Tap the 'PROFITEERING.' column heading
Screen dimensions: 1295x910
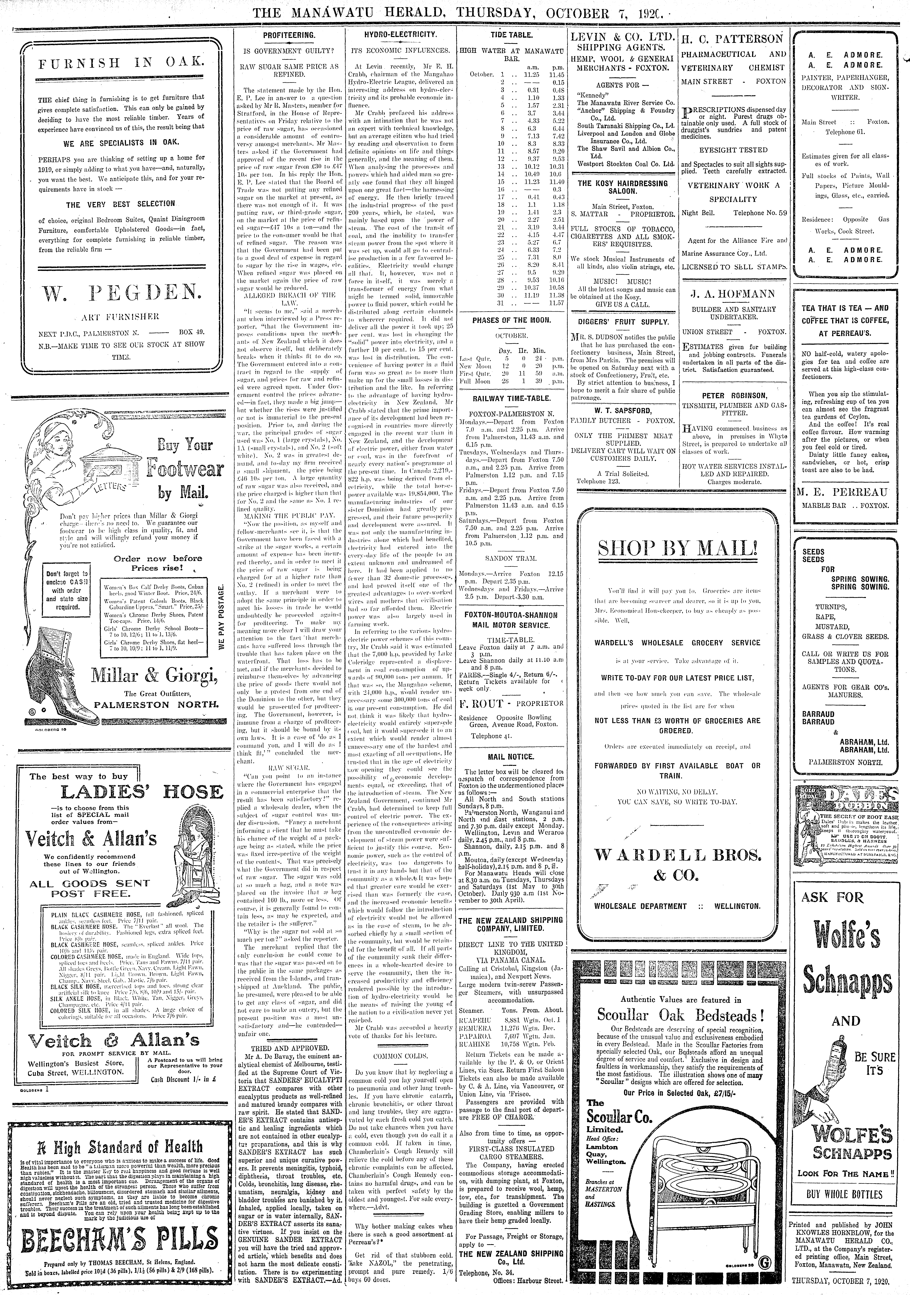[289, 35]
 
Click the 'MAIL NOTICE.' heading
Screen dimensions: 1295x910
[511, 756]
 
